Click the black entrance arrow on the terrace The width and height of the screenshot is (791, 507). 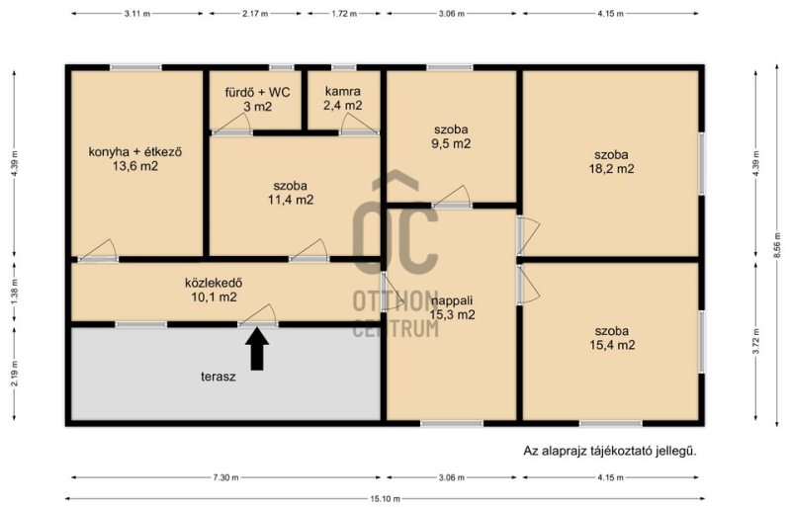click(257, 349)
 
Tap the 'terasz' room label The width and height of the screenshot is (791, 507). click(219, 377)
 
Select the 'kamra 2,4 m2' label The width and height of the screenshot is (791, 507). click(343, 99)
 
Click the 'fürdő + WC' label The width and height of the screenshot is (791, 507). click(257, 92)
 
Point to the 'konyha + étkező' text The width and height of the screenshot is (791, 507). click(135, 152)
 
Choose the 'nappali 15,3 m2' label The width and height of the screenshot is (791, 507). click(452, 307)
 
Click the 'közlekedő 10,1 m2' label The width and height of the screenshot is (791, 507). click(214, 291)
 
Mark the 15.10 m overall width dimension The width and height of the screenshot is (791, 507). click(385, 499)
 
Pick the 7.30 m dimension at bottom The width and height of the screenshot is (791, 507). click(225, 477)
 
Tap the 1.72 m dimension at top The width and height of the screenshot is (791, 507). click(344, 14)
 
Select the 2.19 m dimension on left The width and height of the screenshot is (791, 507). click(14, 374)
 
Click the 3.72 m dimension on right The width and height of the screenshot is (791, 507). click(755, 342)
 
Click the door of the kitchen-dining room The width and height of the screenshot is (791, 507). click(98, 251)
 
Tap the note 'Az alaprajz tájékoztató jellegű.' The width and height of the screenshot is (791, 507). click(610, 451)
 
